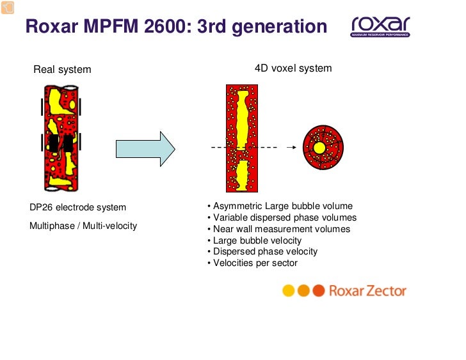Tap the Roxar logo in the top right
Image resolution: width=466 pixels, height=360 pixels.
[x=380, y=26]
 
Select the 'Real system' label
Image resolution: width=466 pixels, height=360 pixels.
[x=62, y=69]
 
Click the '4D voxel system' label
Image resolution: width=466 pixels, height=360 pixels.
[x=293, y=68]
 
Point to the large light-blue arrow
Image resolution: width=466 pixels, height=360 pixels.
[x=145, y=149]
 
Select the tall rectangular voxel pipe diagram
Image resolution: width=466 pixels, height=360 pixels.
[x=241, y=138]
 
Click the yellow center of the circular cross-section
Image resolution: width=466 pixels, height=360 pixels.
[x=319, y=148]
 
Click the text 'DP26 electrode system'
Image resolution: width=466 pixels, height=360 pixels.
[x=77, y=207]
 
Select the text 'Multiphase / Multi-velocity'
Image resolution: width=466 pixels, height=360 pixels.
[x=83, y=226]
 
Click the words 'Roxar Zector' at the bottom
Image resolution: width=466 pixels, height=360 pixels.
[x=367, y=291]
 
